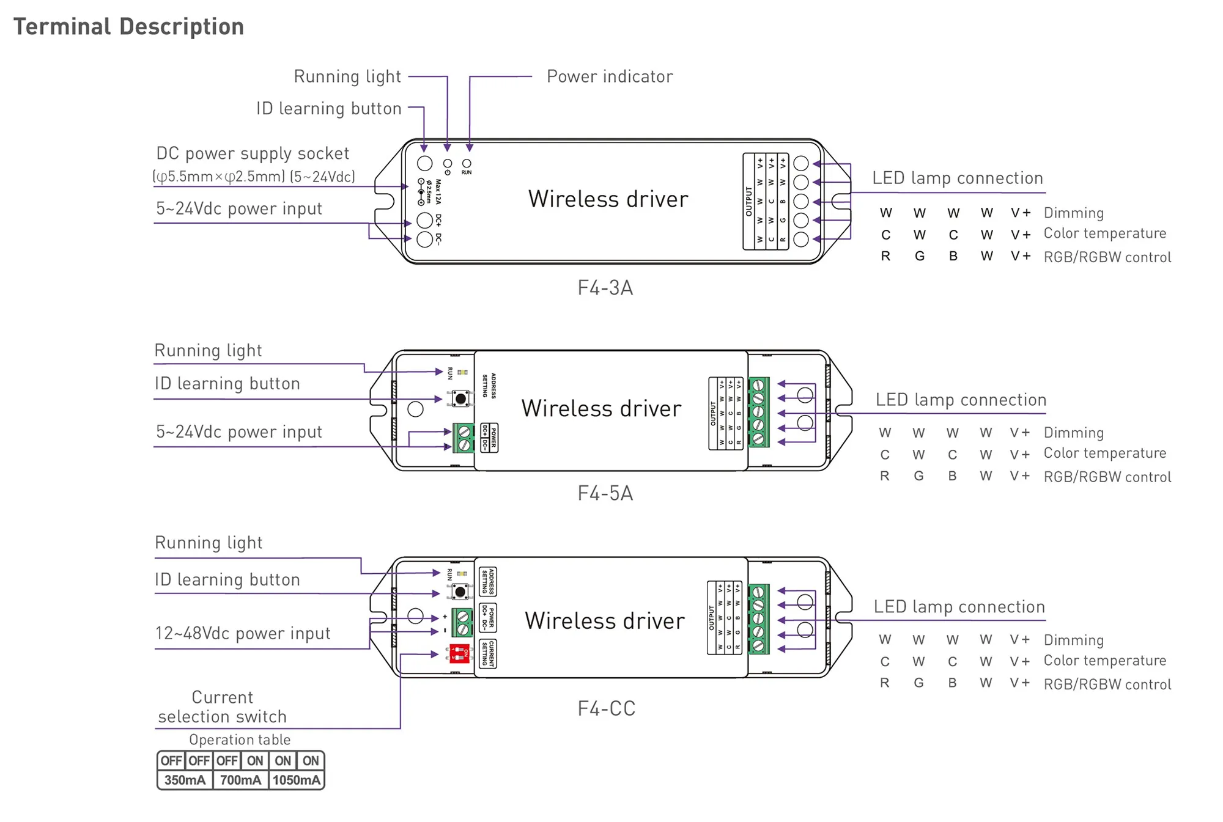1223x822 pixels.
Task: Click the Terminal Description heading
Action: click(128, 27)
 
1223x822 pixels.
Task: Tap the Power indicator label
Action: click(609, 76)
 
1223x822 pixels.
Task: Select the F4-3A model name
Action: click(605, 287)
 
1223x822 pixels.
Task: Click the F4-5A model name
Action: click(605, 493)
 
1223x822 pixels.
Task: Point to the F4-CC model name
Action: click(606, 708)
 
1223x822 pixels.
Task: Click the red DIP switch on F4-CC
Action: click(459, 653)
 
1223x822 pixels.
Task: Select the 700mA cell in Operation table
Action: click(240, 780)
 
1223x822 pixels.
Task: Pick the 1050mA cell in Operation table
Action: click(297, 780)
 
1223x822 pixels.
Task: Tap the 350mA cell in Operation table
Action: click(185, 780)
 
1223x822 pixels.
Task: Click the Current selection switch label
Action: click(222, 706)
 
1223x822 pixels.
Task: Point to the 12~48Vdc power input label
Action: click(243, 633)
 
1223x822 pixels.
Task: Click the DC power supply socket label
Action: click(253, 153)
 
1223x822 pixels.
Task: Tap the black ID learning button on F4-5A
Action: click(460, 399)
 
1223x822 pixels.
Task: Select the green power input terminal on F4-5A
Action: click(464, 438)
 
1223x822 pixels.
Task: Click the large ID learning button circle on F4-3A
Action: click(424, 163)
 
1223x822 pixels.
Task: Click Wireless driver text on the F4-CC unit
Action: click(605, 621)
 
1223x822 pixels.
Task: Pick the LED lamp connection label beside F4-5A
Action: click(961, 400)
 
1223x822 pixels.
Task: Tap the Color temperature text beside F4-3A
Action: click(1104, 233)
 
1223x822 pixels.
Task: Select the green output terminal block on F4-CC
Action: click(758, 618)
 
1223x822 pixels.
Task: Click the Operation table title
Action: click(240, 739)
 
